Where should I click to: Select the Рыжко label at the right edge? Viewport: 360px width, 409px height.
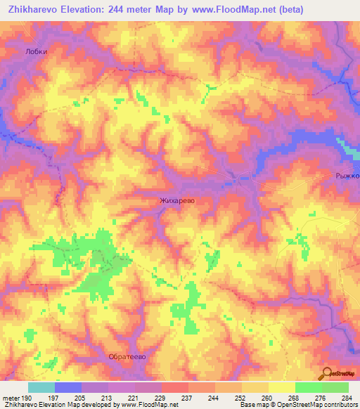click(x=348, y=176)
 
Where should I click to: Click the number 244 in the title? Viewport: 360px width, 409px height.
click(x=130, y=10)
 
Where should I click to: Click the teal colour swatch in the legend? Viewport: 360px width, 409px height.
click(x=41, y=387)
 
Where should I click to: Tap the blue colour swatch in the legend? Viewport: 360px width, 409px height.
click(x=67, y=387)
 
